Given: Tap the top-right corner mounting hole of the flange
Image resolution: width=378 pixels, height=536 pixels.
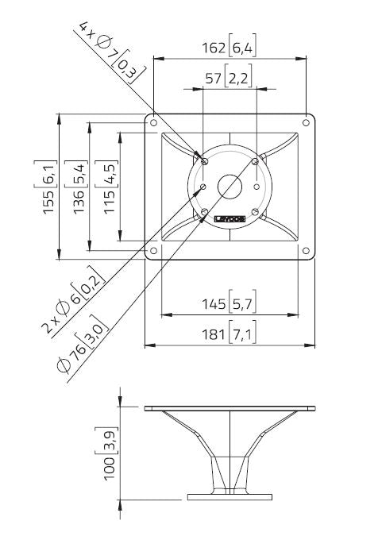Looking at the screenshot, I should point(307,122).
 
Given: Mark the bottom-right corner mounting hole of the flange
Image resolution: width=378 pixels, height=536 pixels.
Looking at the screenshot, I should point(307,252).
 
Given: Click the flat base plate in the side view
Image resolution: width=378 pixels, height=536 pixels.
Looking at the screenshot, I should point(230,498).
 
